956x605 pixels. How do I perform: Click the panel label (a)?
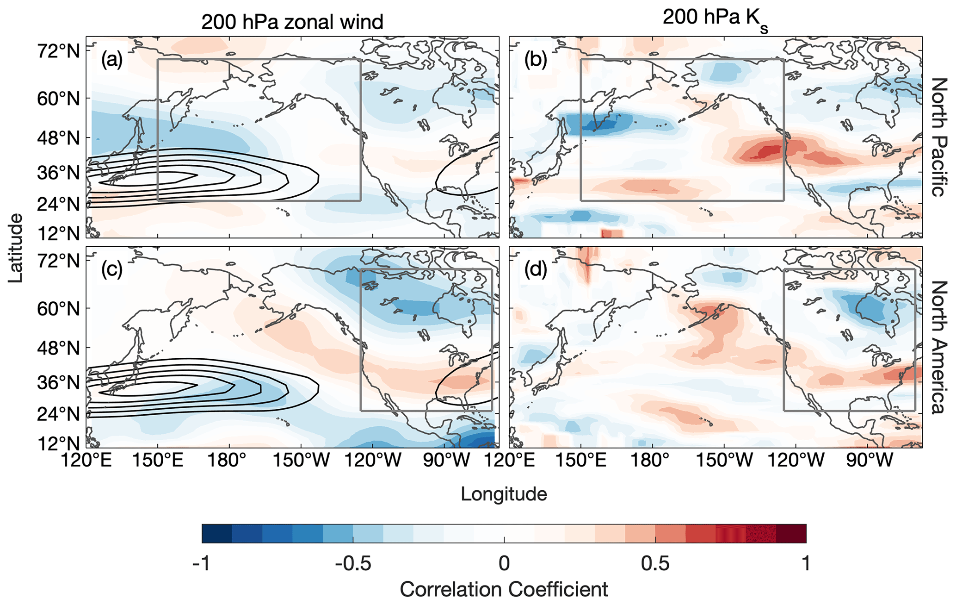coord(112,59)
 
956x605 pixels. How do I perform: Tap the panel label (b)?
coord(535,59)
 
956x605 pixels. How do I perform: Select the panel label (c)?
coord(112,269)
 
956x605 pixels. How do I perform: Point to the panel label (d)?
coord(535,269)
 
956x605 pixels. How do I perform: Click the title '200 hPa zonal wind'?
coord(292,22)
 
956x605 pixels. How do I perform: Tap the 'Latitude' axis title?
coord(15,248)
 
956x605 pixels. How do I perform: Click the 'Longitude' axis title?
coord(504,494)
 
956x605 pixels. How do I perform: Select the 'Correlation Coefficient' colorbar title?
coord(504,590)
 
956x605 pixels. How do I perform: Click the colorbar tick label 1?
coord(806,563)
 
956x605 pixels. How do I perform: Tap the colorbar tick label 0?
coord(504,563)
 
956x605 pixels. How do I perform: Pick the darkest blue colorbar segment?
coord(217,533)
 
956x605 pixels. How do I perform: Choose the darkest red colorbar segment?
coord(791,533)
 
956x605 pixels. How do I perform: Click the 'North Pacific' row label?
coord(938,137)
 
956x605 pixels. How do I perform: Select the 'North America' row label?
coord(938,347)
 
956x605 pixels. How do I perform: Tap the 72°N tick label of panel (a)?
coord(58,51)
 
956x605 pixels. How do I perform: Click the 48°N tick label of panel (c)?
coord(58,348)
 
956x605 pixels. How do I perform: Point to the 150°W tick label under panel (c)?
coord(301,461)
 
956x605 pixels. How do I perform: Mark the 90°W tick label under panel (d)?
coord(869,461)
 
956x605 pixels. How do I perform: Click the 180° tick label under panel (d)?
coord(653,461)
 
